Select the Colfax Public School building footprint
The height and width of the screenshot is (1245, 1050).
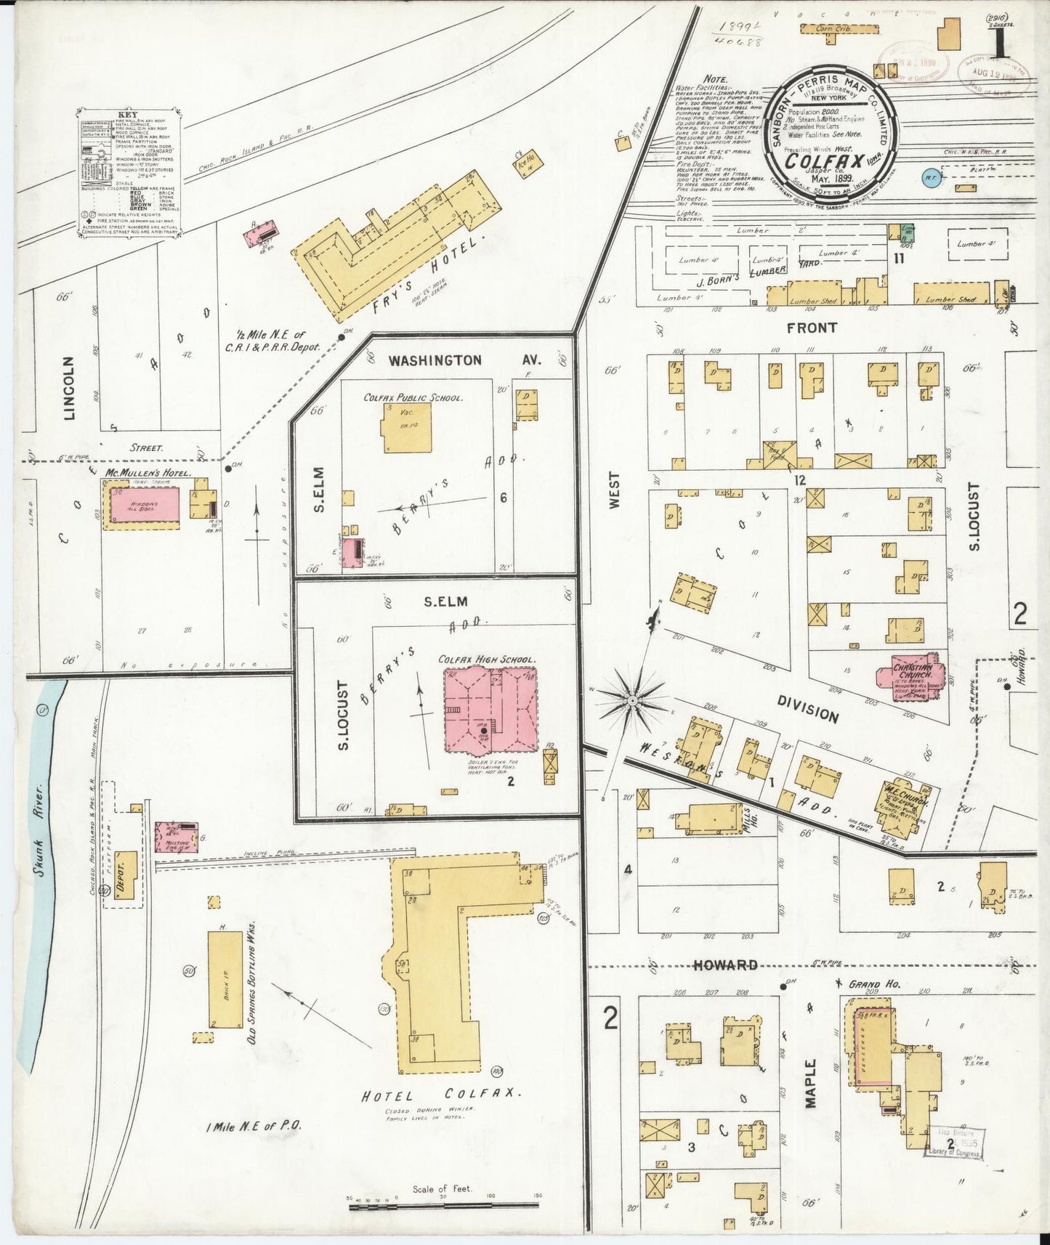[408, 428]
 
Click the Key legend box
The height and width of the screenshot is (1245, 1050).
[129, 172]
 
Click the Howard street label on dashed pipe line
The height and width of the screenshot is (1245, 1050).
[724, 965]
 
